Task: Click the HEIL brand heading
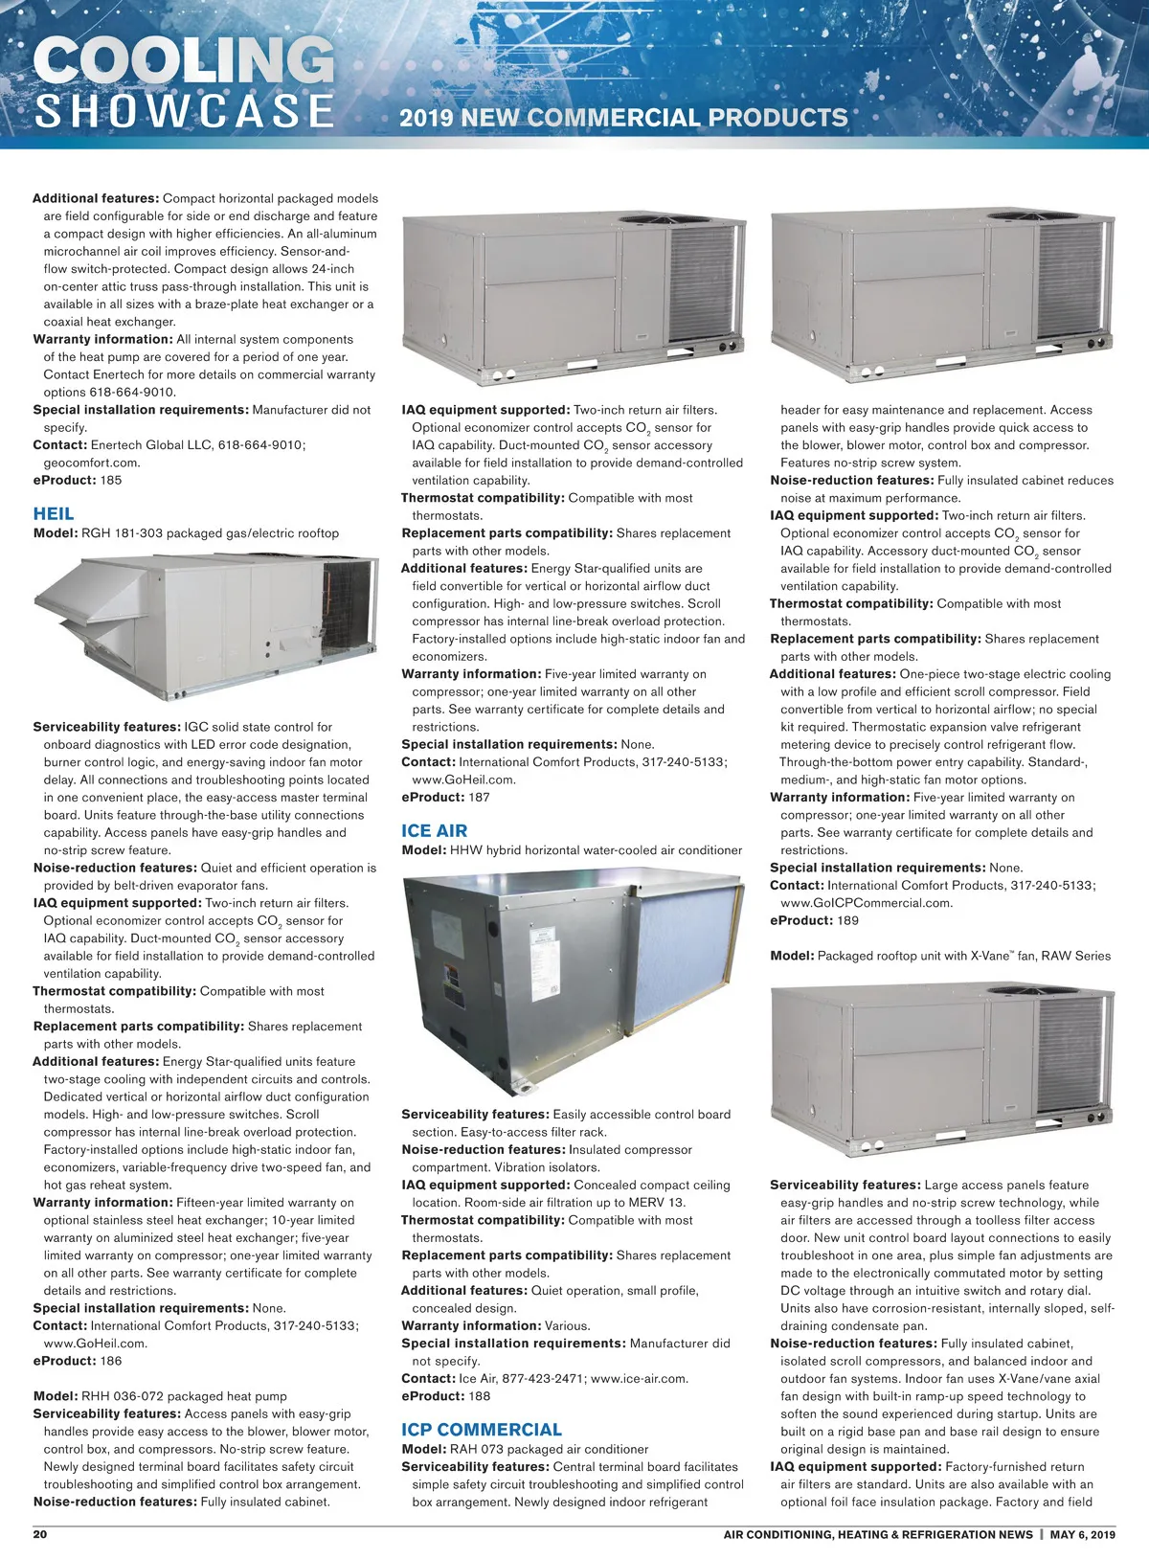tap(54, 514)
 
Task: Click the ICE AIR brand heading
tap(435, 831)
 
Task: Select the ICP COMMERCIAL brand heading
tap(482, 1430)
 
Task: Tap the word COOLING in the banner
tap(184, 61)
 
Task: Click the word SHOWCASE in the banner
tap(185, 110)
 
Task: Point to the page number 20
tap(40, 1534)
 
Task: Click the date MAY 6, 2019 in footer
tap(1083, 1534)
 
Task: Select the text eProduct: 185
tap(78, 480)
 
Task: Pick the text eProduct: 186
tap(78, 1361)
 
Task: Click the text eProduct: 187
tap(445, 797)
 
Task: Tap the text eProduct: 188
tap(445, 1396)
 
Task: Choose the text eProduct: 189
tap(814, 920)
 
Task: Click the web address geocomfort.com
tap(91, 463)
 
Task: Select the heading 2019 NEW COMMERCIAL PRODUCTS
tap(623, 118)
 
